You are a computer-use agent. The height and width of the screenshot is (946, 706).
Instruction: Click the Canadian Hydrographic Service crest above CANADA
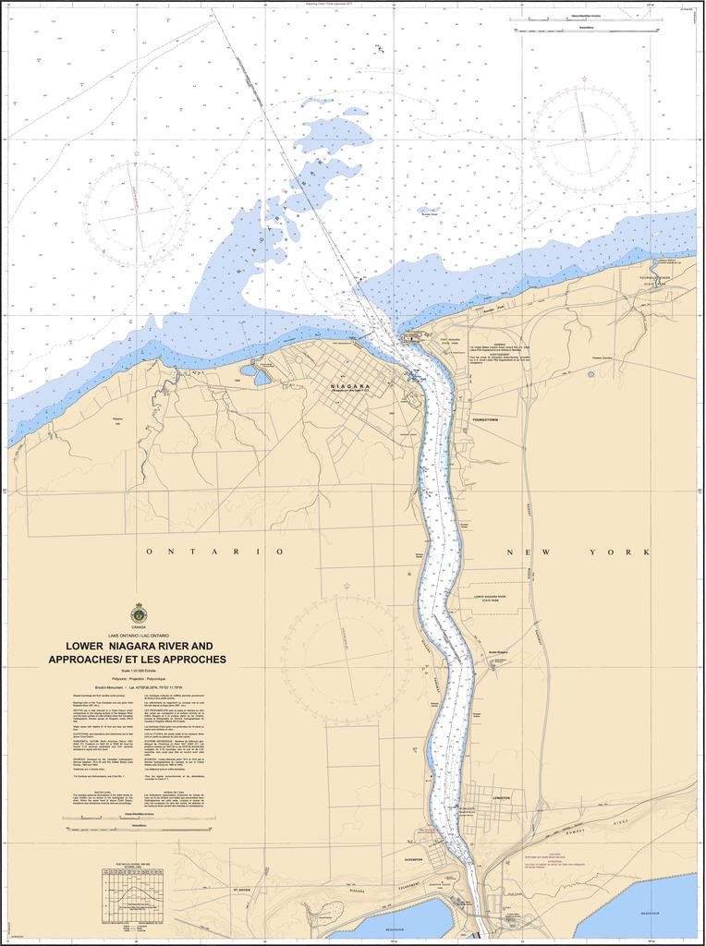(140, 612)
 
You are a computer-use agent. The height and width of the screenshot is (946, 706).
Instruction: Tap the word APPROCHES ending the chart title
(189, 660)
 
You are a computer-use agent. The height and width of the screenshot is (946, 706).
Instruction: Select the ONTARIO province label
(214, 552)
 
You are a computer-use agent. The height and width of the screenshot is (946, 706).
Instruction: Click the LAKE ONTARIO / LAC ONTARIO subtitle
(139, 637)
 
